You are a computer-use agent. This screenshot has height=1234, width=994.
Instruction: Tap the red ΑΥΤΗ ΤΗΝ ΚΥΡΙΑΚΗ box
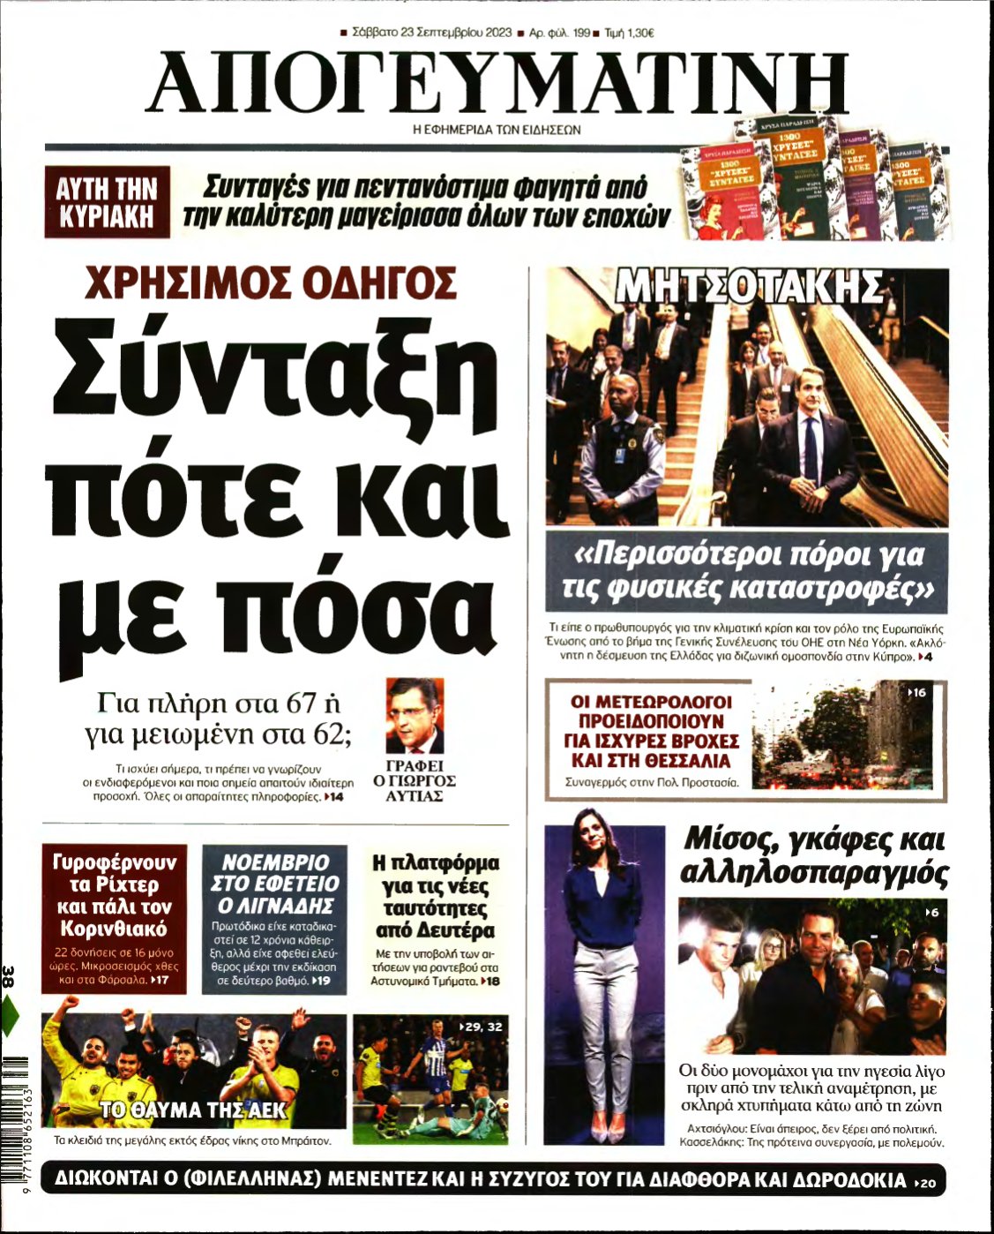click(108, 202)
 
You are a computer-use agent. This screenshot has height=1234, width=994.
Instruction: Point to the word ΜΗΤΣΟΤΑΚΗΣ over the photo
click(748, 287)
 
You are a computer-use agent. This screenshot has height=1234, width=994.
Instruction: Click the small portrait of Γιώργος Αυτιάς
click(415, 715)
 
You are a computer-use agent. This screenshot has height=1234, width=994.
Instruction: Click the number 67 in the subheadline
click(295, 704)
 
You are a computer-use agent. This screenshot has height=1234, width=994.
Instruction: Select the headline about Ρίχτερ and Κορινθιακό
click(115, 895)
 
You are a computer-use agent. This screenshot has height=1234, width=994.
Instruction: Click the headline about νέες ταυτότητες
click(435, 896)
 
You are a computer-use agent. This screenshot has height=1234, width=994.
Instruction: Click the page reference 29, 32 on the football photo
click(482, 1027)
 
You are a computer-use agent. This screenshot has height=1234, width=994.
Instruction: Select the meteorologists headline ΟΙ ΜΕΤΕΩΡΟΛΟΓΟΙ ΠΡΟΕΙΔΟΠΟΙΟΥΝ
click(651, 731)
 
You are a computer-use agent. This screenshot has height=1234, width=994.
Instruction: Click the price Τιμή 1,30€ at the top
click(629, 34)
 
